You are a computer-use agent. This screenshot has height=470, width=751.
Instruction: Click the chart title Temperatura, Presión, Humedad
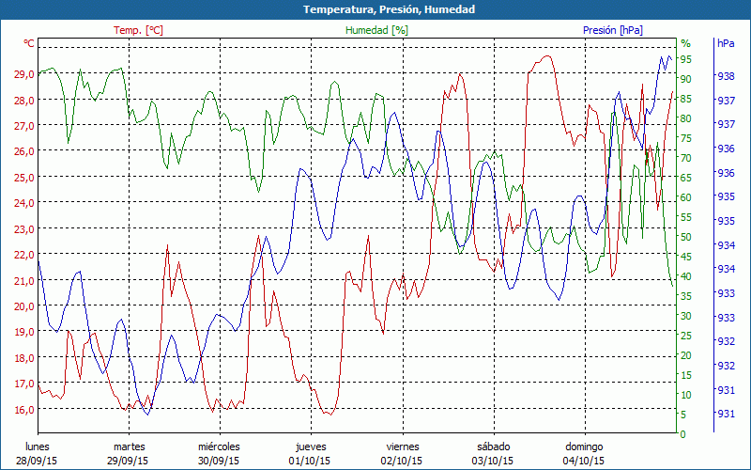[375, 9]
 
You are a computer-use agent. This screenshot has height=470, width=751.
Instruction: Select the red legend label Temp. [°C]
[138, 30]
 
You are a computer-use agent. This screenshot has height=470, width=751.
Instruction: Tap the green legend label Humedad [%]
[376, 30]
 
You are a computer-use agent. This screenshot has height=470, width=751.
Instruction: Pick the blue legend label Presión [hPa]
[612, 30]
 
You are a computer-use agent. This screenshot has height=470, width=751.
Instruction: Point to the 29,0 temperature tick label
[23, 73]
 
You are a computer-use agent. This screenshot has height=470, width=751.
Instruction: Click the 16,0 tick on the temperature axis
[23, 410]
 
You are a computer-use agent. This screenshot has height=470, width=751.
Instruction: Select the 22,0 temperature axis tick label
[23, 255]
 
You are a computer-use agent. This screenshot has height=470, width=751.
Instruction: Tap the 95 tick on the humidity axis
[686, 58]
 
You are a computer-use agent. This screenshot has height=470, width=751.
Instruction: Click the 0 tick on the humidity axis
[682, 434]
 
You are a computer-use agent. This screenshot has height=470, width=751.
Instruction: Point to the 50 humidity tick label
[685, 237]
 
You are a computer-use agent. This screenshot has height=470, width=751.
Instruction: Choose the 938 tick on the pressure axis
[725, 76]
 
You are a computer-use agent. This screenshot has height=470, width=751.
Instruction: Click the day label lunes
[38, 446]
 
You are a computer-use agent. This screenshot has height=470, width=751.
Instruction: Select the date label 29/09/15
[129, 461]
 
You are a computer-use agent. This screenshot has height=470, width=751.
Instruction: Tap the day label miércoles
[219, 446]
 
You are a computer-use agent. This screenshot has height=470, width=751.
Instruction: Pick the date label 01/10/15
[311, 461]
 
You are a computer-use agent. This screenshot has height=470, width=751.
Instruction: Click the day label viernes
[402, 446]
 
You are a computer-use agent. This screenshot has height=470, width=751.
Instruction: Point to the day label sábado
[493, 446]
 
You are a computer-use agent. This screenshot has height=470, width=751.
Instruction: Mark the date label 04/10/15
[584, 461]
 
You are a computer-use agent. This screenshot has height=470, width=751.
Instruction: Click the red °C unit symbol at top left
[29, 43]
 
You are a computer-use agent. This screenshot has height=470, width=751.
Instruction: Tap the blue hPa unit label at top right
[726, 43]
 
